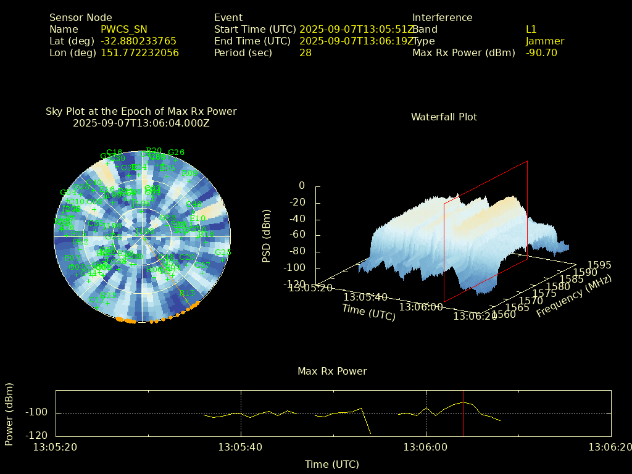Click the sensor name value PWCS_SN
(x=123, y=29)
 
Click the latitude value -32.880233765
(x=138, y=41)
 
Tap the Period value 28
(x=306, y=52)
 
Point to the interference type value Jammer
(x=545, y=41)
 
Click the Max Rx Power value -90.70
(x=541, y=52)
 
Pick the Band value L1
(x=531, y=29)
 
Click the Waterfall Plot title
(x=444, y=117)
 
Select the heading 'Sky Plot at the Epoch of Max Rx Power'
(x=141, y=111)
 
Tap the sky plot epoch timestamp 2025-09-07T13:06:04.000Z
(x=141, y=123)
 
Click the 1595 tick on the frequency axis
(x=599, y=265)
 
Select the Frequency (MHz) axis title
(x=573, y=297)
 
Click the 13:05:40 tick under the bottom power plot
(x=241, y=447)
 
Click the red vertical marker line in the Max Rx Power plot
(x=463, y=412)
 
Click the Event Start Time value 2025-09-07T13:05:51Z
(x=357, y=29)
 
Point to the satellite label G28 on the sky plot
(x=223, y=252)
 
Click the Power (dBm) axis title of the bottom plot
(x=9, y=414)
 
